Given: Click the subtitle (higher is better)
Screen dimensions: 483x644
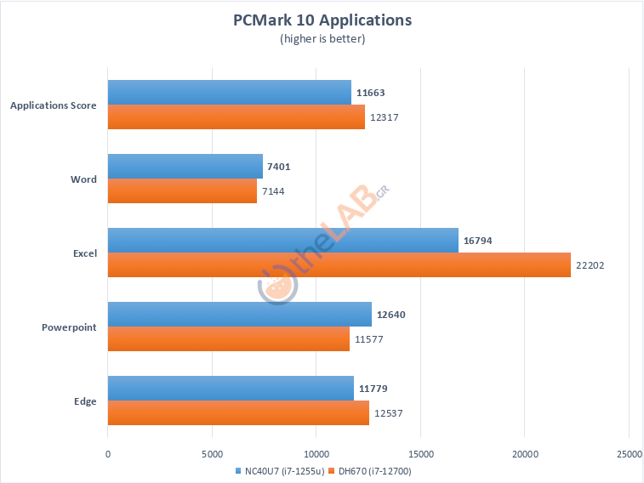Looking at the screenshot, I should coord(322,38).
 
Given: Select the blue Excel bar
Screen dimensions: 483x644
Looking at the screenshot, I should coord(282,241).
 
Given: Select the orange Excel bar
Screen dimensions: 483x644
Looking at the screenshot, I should coord(339,265).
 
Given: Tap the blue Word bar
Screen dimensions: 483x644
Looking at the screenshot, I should coord(185,167).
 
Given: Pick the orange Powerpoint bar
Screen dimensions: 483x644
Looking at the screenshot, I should coord(228,339).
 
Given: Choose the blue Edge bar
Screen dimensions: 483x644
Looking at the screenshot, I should coord(231,389).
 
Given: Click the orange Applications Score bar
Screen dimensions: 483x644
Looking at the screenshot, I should coord(236,117).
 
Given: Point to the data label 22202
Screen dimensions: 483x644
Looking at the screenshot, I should coord(590,265).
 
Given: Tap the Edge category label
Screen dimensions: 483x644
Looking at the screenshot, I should coord(85,401).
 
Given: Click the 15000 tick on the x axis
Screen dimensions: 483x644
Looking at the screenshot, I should coord(420,454).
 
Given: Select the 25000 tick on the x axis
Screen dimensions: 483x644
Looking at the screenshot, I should coord(629,454).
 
